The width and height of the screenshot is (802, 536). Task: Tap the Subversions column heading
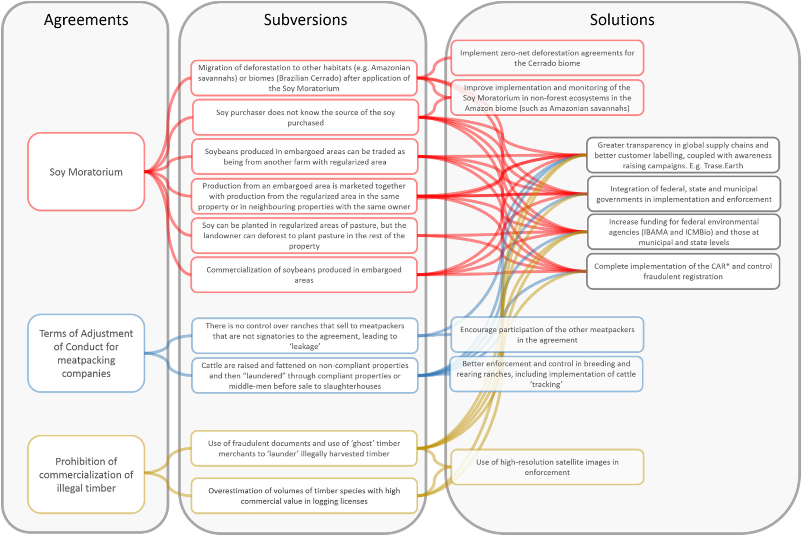tap(305, 20)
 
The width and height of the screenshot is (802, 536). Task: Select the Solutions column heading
tap(621, 20)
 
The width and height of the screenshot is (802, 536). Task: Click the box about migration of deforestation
tap(304, 78)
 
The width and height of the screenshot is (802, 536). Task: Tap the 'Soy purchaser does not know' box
tap(305, 117)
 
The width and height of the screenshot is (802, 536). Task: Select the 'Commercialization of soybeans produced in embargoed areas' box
tap(304, 275)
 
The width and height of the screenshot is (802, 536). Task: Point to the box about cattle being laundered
tap(304, 376)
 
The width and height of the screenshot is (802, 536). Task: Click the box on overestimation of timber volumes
tap(304, 496)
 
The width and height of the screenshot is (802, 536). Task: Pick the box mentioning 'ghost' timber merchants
tap(304, 448)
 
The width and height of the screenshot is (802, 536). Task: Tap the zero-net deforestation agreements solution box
tap(547, 58)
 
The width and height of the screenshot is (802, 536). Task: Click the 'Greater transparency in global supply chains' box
tap(683, 155)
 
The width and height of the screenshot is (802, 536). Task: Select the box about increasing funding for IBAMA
tap(683, 232)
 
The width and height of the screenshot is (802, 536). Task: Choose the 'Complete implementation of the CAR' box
tap(683, 271)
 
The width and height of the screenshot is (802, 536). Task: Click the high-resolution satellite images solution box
tap(547, 467)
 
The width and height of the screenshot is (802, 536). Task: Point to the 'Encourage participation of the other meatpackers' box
tap(547, 335)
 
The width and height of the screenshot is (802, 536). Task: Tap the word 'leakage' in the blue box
tap(304, 346)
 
